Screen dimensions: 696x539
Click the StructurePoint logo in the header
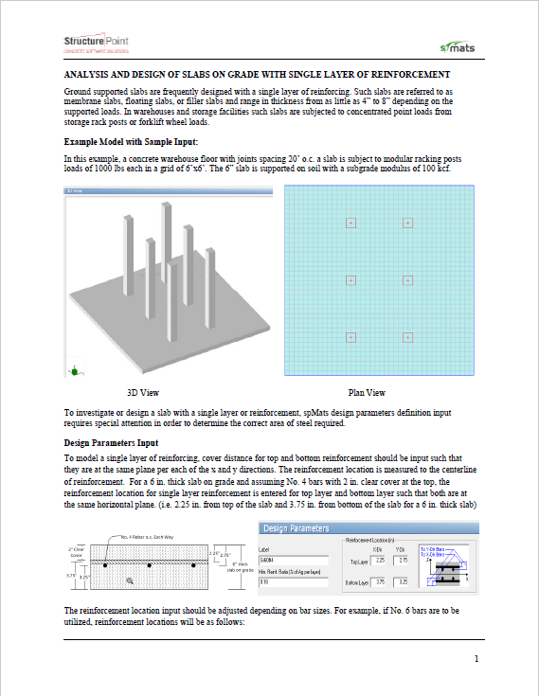click(97, 44)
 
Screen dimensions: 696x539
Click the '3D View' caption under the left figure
click(142, 392)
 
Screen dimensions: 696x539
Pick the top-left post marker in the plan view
click(350, 223)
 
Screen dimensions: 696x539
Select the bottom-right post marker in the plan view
click(407, 337)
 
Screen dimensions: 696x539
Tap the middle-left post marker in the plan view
click(350, 280)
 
